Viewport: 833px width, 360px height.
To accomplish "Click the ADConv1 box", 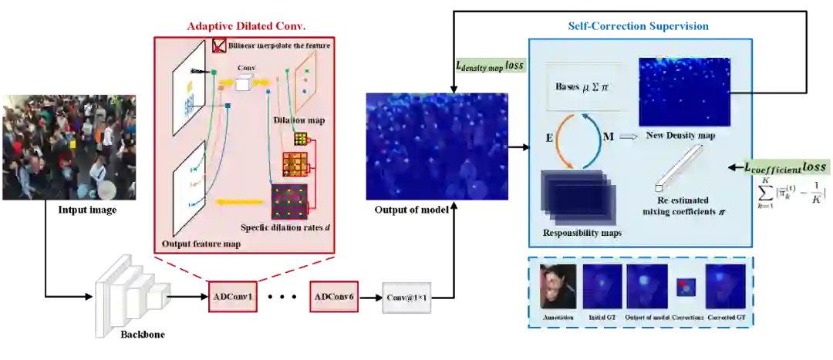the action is [x=233, y=297].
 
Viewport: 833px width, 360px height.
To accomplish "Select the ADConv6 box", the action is [x=334, y=297].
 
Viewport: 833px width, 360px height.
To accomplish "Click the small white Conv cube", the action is [x=242, y=83].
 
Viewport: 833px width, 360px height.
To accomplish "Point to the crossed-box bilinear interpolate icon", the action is [x=218, y=46].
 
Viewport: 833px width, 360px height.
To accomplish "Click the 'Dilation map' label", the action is [x=299, y=119].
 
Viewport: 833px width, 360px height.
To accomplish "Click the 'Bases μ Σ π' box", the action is [x=582, y=86].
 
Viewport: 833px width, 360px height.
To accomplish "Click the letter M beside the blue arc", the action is [x=609, y=136].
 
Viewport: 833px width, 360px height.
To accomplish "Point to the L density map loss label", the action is [x=488, y=66].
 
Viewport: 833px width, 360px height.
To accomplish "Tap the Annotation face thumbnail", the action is [x=558, y=286].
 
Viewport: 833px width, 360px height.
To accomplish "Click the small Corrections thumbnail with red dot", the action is [x=684, y=287].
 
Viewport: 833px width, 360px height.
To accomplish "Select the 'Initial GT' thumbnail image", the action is [x=602, y=286].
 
